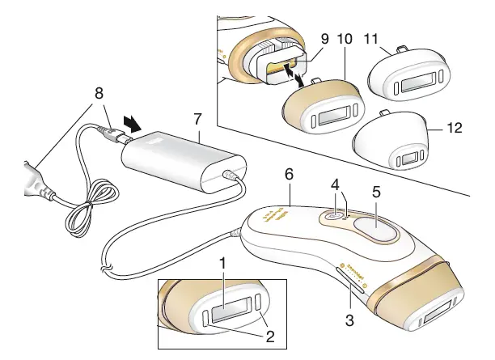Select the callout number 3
pos(349,320)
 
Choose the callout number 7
pos(199,120)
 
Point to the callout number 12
pos(455,127)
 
